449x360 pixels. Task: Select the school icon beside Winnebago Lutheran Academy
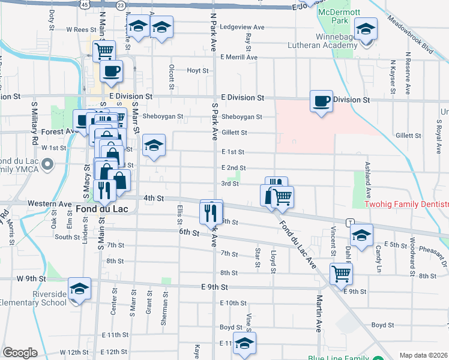[x=365, y=28]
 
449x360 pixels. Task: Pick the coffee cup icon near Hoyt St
[x=111, y=71]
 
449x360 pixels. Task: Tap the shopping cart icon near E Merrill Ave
[x=104, y=51]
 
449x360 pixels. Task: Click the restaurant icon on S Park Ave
[x=211, y=211]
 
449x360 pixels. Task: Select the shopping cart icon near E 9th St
[x=341, y=274]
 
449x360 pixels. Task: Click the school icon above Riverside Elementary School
[x=79, y=288]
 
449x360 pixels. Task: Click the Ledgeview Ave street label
[x=243, y=27]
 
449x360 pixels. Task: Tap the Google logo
[x=20, y=353]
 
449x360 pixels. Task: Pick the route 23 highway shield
[x=121, y=5]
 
